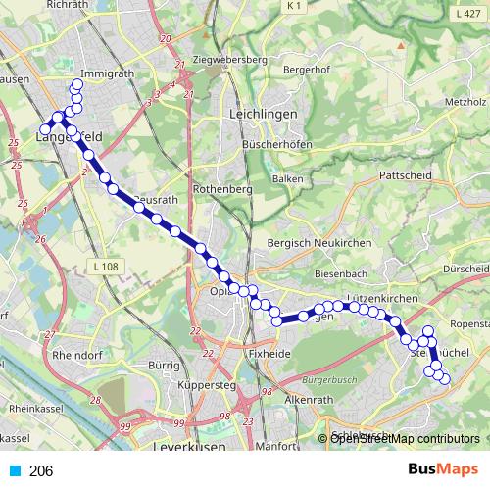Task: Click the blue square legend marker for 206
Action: [14, 471]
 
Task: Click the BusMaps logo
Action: [438, 470]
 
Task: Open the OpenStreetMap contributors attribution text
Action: [404, 438]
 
